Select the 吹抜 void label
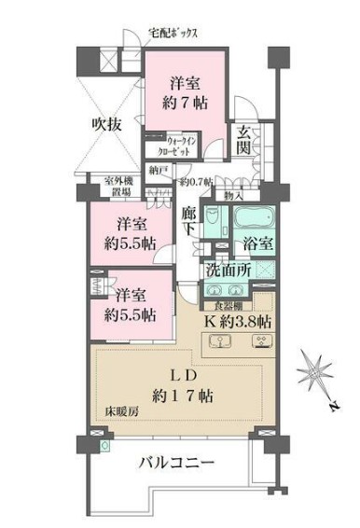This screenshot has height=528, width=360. pyautogui.click(x=104, y=122)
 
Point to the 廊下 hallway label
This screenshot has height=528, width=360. pyautogui.click(x=189, y=220)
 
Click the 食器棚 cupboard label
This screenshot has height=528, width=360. pyautogui.click(x=228, y=304)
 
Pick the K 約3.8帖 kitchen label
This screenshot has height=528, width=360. pyautogui.click(x=238, y=321)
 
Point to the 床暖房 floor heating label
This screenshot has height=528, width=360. pyautogui.click(x=116, y=410)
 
